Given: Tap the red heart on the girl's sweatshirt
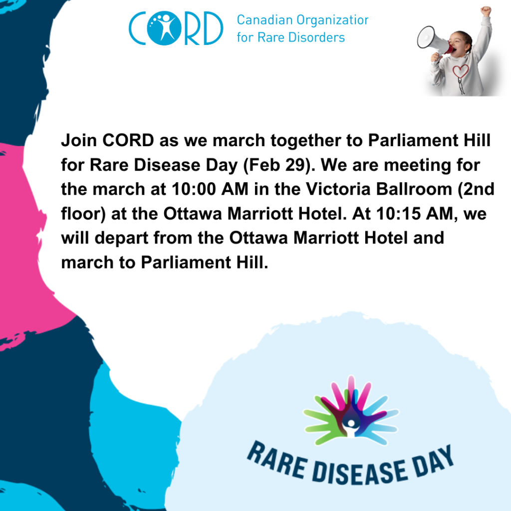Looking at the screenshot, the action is coord(461,71).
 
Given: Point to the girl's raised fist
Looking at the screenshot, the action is coord(486,10).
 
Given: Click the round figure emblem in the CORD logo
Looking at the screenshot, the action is coord(164,28).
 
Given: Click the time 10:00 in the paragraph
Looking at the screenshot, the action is coord(194,189).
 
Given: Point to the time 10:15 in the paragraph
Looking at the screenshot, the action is coord(398,214).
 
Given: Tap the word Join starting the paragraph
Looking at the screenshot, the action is coord(79,140).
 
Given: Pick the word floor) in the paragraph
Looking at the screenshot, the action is coord(83,214).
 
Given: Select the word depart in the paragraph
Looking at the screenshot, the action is coord(121,238).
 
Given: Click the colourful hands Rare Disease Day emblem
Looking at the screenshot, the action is coord(351,411).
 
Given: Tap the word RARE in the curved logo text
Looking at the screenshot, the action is coord(277,460).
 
